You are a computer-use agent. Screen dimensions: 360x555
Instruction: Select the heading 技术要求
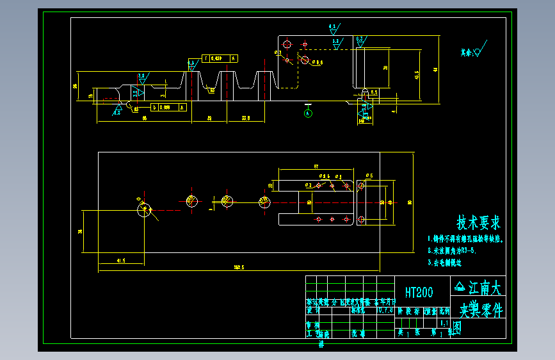coord(478,223)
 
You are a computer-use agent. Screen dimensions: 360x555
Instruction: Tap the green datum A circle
coord(308,113)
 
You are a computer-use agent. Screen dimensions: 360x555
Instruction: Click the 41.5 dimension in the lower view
coord(120,261)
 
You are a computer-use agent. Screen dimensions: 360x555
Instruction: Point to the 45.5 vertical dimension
coord(416,75)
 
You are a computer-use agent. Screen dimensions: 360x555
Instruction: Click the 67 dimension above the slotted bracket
coord(316,167)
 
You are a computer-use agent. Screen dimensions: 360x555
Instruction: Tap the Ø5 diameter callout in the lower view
coord(369,175)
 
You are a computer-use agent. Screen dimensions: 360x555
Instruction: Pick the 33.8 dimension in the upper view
coord(246,119)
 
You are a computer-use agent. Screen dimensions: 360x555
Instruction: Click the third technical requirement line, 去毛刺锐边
coord(445,263)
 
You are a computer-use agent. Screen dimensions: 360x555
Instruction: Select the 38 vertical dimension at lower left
coord(80,231)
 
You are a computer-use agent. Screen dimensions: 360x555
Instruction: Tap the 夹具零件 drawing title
coord(481,310)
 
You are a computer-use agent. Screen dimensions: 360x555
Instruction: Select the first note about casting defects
coord(467,240)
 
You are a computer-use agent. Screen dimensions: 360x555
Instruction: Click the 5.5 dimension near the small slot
coord(374,93)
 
